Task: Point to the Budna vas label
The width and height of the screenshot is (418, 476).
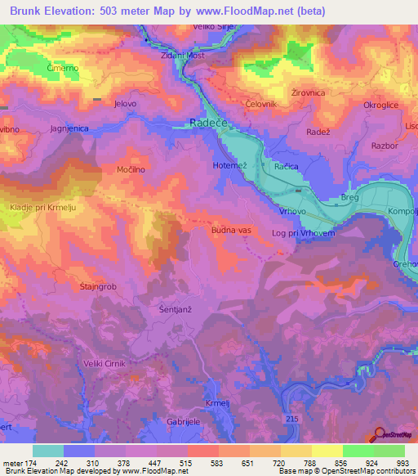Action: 231,231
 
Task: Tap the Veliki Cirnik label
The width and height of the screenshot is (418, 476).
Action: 101,364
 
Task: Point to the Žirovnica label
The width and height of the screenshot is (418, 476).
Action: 307,93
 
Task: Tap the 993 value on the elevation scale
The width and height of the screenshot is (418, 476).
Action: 402,464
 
